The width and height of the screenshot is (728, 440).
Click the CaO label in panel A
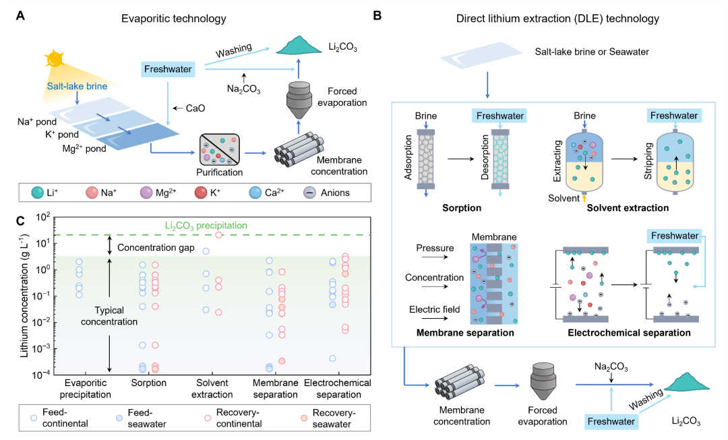191,108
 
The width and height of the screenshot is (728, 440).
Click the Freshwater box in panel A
167,69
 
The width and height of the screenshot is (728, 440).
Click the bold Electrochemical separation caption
629,332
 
